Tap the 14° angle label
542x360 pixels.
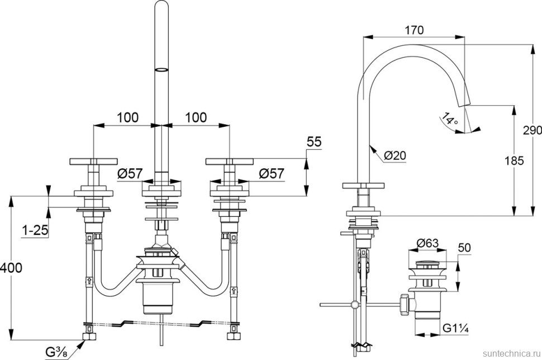point(449,119)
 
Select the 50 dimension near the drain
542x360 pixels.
point(464,247)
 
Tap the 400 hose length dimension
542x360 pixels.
point(11,268)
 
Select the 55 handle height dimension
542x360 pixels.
point(314,143)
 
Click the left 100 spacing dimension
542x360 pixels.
point(128,117)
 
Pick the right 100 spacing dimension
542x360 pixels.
point(196,117)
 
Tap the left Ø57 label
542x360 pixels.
point(130,174)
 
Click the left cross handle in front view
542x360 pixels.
point(92,162)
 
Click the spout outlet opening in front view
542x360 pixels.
point(161,70)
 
